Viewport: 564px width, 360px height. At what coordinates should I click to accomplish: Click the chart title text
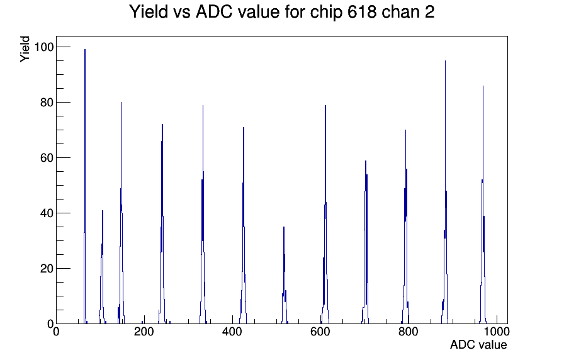[281, 12]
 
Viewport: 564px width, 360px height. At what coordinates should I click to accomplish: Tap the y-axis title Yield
[25, 49]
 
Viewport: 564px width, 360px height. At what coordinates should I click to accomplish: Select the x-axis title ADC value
[478, 344]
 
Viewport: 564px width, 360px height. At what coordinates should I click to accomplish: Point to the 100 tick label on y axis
[43, 47]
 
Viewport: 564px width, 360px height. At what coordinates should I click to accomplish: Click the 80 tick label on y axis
[47, 103]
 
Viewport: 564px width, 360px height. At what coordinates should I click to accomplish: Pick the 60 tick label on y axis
[47, 158]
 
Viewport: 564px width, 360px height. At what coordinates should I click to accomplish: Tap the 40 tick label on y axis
[47, 213]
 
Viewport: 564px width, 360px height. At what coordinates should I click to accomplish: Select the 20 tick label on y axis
[47, 269]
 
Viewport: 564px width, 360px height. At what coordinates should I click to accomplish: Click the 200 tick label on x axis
[144, 332]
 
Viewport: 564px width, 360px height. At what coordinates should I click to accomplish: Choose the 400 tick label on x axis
[232, 332]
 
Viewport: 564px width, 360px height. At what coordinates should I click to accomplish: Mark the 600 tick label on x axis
[320, 332]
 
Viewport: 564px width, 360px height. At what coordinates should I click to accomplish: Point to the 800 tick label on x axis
[409, 332]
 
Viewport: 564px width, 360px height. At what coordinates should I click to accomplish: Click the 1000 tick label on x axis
[497, 332]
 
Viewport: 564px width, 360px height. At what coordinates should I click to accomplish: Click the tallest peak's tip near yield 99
[85, 50]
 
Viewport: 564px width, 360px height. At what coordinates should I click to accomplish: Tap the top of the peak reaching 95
[445, 61]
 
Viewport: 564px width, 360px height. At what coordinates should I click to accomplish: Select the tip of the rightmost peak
[483, 86]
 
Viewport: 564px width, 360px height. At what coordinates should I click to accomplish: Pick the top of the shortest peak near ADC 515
[284, 227]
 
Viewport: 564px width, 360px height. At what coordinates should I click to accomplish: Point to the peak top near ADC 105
[103, 211]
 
